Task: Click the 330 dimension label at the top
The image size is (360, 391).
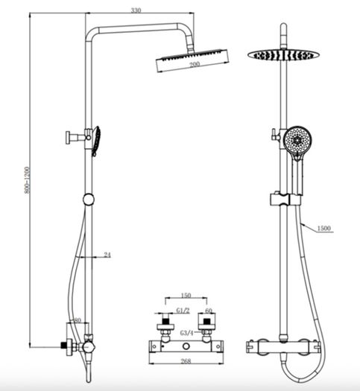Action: point(136,10)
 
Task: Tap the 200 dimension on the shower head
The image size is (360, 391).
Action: point(195,64)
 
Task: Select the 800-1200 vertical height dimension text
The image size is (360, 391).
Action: point(27,180)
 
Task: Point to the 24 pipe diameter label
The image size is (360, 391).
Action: point(107,255)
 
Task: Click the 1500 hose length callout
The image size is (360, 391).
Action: point(323,228)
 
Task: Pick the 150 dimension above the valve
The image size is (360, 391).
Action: point(186,296)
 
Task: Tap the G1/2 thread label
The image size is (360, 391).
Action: point(183,311)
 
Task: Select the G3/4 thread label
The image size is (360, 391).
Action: point(187,333)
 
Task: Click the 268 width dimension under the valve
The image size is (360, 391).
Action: point(186,360)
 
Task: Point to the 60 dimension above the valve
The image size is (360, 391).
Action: point(209,311)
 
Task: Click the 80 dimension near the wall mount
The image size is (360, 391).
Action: point(78,320)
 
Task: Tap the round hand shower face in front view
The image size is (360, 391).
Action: point(297,140)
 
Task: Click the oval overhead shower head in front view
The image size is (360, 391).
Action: point(283,54)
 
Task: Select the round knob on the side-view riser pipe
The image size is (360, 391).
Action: point(89,200)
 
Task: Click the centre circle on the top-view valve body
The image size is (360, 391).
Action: point(186,346)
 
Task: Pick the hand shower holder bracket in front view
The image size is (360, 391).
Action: point(286,199)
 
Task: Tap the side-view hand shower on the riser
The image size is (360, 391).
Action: point(96,142)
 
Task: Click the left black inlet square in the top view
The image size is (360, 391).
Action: point(165,320)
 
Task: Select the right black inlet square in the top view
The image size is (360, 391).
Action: point(206,321)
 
